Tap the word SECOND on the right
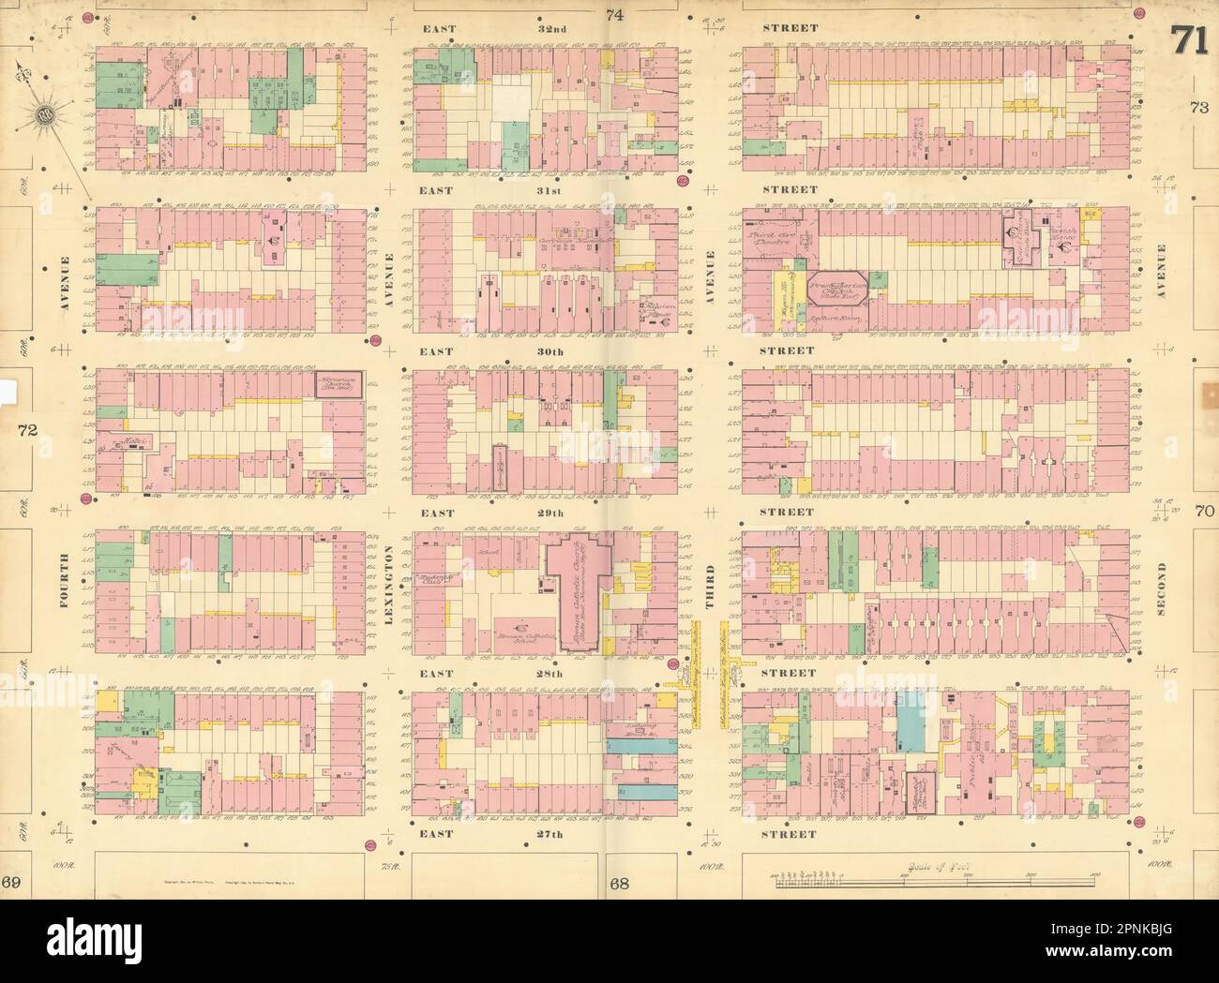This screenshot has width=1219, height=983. [1161, 590]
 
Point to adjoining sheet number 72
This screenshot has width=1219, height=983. [25, 430]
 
